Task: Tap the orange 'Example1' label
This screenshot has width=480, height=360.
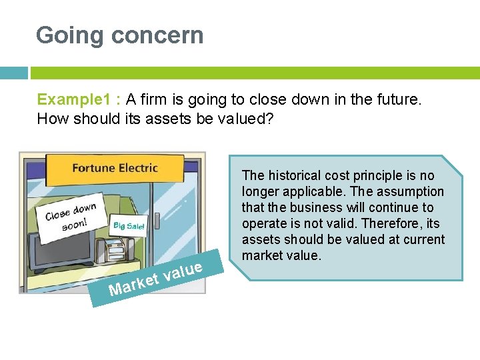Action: click(x=75, y=100)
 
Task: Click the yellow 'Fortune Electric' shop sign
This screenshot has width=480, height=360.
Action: click(x=115, y=168)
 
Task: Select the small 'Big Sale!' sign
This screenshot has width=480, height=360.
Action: click(x=129, y=227)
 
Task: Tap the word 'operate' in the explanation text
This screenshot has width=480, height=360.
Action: click(x=263, y=223)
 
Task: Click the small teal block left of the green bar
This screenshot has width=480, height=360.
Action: click(x=14, y=73)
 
